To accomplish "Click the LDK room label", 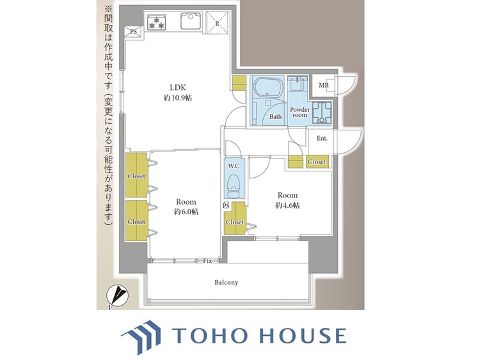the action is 178,88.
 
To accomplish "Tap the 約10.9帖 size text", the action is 178,98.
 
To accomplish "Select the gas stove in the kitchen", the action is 156,22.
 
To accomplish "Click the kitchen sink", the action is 191,20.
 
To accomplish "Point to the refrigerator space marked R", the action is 217,23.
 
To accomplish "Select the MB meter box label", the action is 323,85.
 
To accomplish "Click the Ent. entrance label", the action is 322,138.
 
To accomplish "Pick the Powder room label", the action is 300,113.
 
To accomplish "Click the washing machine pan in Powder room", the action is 322,113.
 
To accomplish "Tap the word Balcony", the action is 226,283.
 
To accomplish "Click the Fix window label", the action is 207,261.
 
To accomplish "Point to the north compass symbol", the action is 117,294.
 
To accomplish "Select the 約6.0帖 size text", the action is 186,212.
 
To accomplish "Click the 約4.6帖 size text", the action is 287,205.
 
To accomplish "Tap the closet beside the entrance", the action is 317,162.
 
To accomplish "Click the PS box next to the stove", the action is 134,31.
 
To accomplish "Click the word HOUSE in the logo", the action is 303,335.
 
